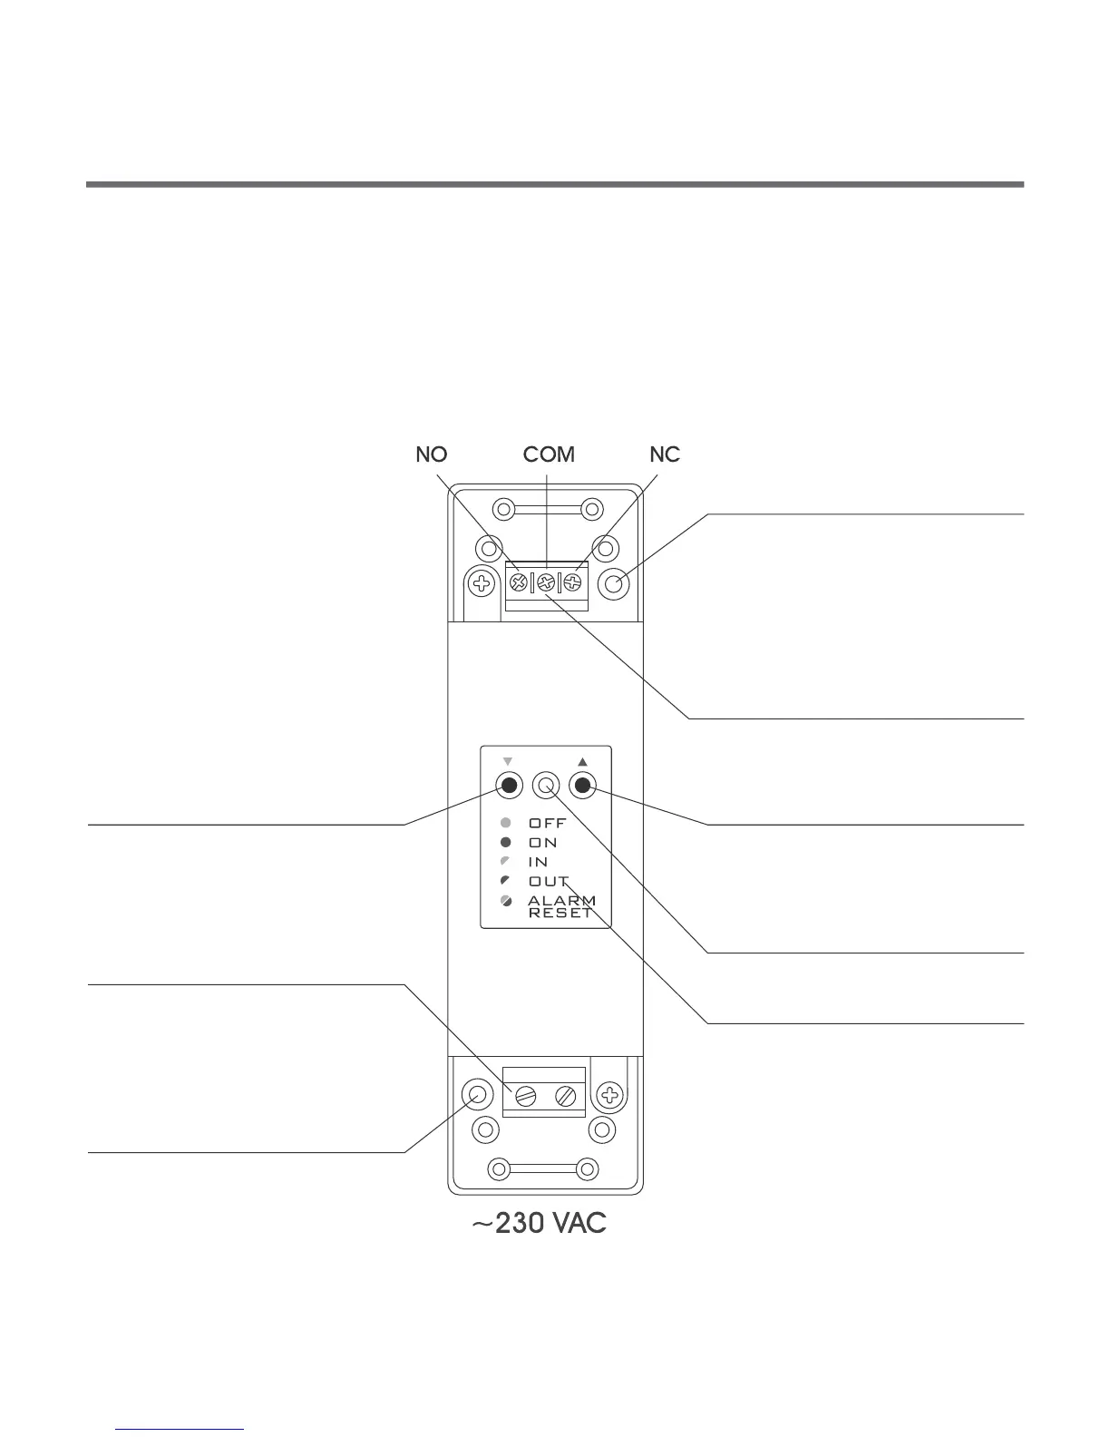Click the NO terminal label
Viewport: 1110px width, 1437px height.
tap(432, 455)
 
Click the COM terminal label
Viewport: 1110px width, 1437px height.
tap(549, 455)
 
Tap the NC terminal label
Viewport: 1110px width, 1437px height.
tap(665, 455)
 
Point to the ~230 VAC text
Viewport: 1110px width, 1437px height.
tap(539, 1224)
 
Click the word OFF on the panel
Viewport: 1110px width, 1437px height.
tap(548, 824)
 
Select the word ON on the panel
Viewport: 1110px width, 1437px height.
tap(543, 843)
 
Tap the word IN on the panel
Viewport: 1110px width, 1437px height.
tap(539, 862)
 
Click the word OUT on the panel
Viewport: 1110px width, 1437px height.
tap(549, 882)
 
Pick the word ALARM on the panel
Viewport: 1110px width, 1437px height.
tap(562, 901)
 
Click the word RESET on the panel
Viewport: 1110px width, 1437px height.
tap(560, 914)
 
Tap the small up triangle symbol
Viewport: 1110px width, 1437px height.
tap(583, 761)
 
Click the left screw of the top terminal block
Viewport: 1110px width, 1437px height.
tap(520, 583)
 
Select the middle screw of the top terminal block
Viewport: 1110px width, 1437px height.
tap(546, 583)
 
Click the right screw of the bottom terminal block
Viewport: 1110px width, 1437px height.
tap(566, 1096)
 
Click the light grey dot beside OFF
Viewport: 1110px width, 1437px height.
tap(506, 824)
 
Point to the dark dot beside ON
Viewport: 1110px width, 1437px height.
tap(506, 843)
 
